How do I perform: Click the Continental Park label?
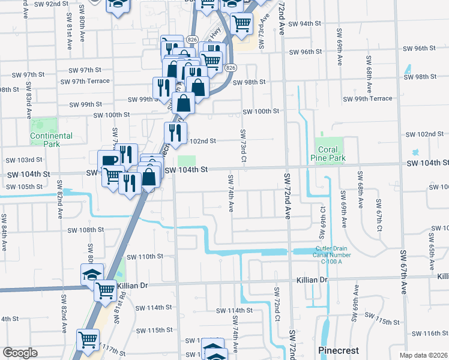click(x=52, y=140)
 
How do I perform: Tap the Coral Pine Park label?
click(x=330, y=154)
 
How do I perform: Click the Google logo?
click(x=20, y=352)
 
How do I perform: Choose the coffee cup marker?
click(x=109, y=160)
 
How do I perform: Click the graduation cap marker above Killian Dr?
click(x=92, y=274)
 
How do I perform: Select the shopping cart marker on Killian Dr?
click(x=106, y=290)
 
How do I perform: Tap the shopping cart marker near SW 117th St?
click(x=88, y=340)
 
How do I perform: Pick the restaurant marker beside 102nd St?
click(x=175, y=133)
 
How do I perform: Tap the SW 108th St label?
click(x=85, y=230)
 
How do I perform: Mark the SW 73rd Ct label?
click(x=243, y=146)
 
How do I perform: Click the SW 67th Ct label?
click(x=379, y=216)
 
